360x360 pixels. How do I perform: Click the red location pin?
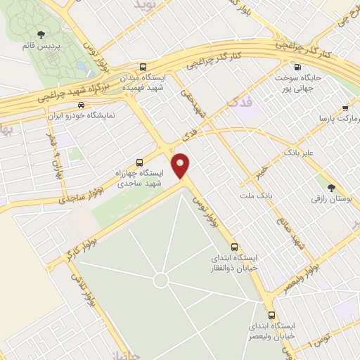[181, 165]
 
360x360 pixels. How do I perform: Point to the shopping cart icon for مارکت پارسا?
[345, 108]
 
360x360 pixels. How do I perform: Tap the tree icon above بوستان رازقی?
[330, 187]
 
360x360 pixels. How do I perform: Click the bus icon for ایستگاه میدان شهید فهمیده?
[143, 63]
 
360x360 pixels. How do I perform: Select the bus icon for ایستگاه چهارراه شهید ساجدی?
[139, 161]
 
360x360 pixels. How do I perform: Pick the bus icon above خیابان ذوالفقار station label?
[234, 247]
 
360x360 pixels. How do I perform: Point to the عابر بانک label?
[303, 151]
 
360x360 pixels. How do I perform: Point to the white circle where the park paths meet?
[161, 281]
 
